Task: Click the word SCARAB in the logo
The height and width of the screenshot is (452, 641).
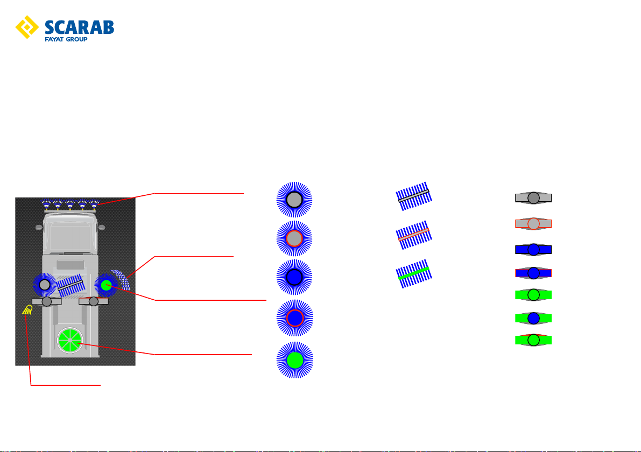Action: (x=79, y=27)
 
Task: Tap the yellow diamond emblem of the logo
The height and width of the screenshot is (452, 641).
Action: (x=27, y=27)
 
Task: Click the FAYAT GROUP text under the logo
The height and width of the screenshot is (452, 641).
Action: (x=66, y=39)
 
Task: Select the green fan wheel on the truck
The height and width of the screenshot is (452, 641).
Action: (x=71, y=340)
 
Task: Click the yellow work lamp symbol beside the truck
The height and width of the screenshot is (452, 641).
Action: (x=28, y=310)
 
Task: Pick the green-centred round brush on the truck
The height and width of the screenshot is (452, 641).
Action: (x=106, y=285)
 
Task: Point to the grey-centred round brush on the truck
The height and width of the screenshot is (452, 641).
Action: (x=45, y=285)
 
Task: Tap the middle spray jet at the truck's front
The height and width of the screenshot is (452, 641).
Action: (x=71, y=204)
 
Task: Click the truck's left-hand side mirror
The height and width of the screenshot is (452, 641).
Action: (x=39, y=227)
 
